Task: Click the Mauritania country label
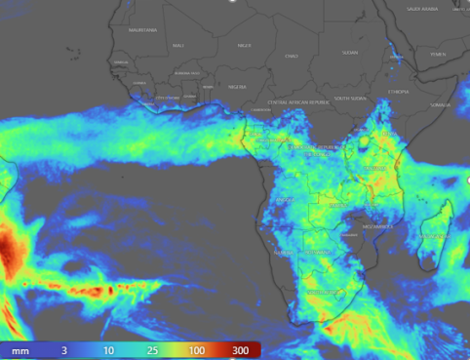click(142, 29)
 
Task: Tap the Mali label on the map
click(178, 45)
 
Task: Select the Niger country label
click(244, 45)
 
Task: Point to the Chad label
click(291, 57)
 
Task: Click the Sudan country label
click(350, 52)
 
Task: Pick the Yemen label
click(437, 54)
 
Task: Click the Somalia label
click(441, 104)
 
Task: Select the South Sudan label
click(349, 98)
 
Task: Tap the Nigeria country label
click(237, 87)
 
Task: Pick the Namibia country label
click(284, 253)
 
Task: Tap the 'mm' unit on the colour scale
click(20, 348)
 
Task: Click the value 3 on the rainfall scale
click(64, 348)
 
